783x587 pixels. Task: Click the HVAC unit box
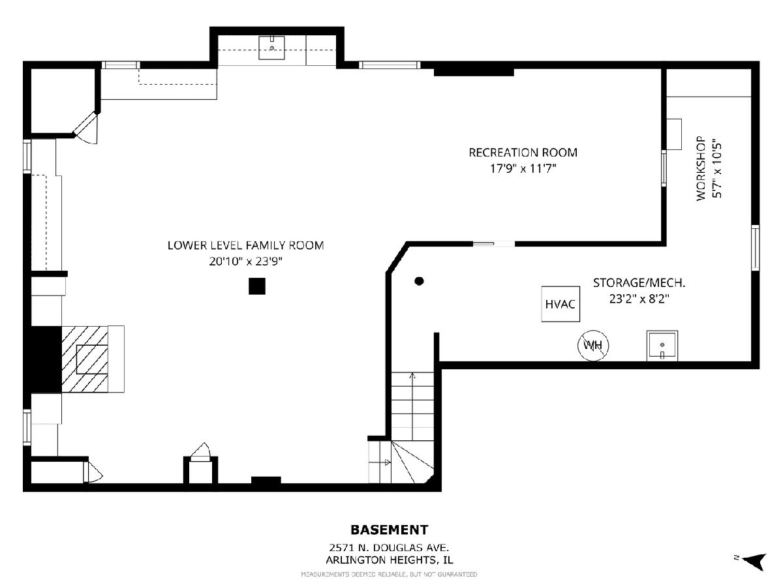560,304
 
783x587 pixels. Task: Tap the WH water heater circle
593,345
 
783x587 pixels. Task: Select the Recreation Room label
523,153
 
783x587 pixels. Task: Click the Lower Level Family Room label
246,245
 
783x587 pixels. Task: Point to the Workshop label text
701,168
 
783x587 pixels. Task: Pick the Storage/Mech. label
639,283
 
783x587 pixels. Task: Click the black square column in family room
257,286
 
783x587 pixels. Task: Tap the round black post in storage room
419,281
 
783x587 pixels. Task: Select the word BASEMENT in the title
389,530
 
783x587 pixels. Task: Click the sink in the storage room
662,346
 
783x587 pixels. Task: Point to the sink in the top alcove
271,48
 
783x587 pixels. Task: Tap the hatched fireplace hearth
85,359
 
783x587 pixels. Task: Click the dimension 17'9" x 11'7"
523,168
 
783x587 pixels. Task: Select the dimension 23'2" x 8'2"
639,299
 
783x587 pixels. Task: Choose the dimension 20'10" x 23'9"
246,262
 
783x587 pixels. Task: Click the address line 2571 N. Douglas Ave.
389,547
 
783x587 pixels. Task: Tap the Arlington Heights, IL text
389,560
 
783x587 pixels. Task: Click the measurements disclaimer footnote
389,574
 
